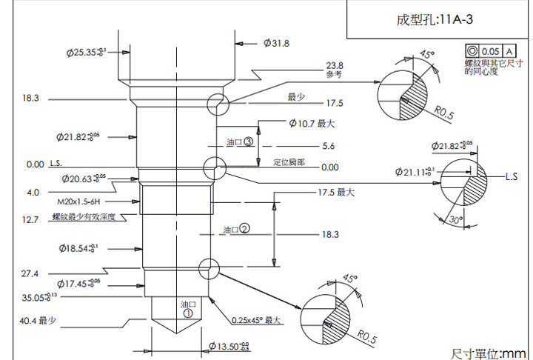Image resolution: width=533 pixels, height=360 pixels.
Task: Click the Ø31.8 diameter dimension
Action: click(x=276, y=44)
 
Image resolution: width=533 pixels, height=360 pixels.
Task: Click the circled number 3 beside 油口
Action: click(x=249, y=141)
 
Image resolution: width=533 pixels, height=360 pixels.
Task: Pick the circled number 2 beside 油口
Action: click(x=244, y=229)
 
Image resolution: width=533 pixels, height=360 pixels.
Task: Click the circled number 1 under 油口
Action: click(x=188, y=313)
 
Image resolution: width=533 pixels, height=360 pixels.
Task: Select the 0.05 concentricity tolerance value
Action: click(x=490, y=51)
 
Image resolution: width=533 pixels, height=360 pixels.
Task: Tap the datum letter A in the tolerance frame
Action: click(x=509, y=51)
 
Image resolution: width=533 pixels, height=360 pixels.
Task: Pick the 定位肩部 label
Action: click(x=289, y=161)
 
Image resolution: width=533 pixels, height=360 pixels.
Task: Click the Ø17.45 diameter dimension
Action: click(x=78, y=284)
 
